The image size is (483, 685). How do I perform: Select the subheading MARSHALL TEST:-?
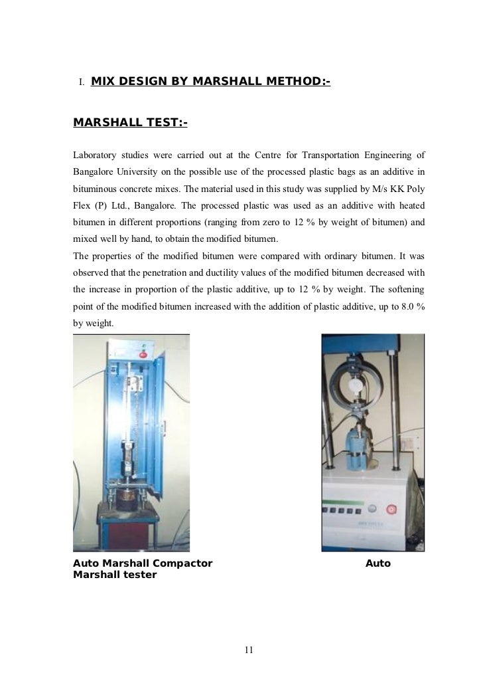tap(130, 123)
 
